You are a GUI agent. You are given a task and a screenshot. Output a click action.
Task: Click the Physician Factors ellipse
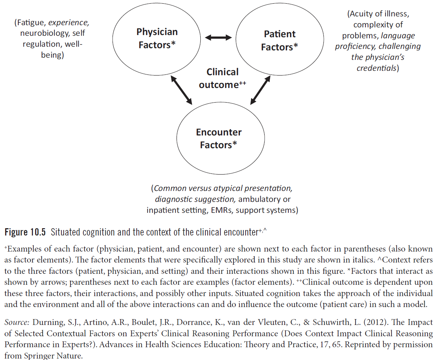[x=157, y=38]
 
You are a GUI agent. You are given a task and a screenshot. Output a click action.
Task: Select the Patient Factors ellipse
[x=280, y=40]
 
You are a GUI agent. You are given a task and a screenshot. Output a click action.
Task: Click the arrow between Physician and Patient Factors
[x=218, y=37]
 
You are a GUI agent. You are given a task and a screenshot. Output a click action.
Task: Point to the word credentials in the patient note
[x=377, y=68]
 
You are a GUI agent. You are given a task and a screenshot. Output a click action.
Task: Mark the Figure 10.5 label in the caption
[x=25, y=232]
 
